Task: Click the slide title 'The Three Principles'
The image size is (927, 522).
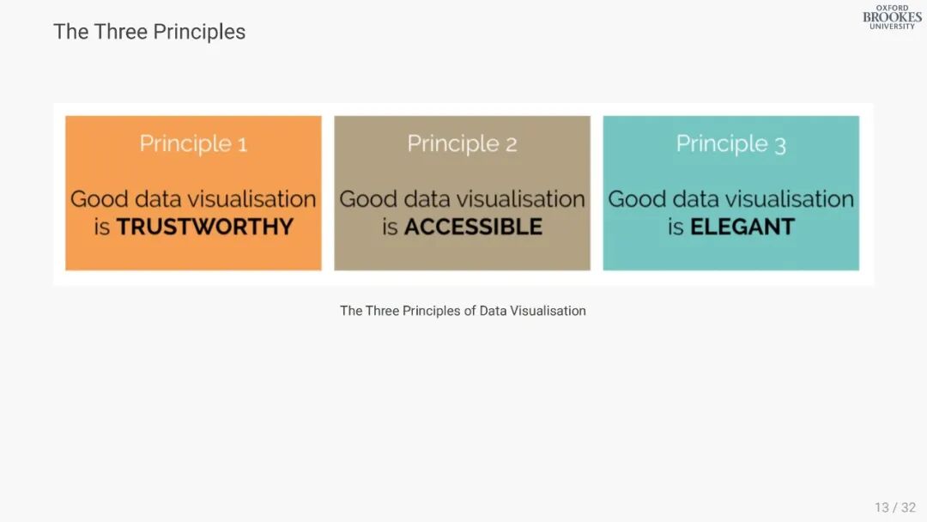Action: [x=149, y=32]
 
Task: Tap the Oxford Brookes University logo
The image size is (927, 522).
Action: [x=892, y=17]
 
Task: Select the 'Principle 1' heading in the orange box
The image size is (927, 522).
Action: [x=193, y=143]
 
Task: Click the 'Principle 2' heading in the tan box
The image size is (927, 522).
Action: [x=462, y=143]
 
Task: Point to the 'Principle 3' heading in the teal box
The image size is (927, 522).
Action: [x=730, y=143]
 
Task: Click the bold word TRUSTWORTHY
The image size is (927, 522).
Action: [x=204, y=227]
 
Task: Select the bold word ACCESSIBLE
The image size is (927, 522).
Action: [x=473, y=227]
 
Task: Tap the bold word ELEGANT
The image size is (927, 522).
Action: [x=742, y=227]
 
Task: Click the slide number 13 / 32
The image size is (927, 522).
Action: [x=895, y=507]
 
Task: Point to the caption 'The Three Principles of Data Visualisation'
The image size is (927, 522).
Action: [x=463, y=311]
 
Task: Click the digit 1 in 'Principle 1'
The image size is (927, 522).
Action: [x=242, y=145]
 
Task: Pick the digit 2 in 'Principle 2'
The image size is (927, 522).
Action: [x=511, y=145]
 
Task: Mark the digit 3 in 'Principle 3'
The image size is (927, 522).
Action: [x=779, y=145]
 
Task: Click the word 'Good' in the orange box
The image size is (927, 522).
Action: [x=100, y=199]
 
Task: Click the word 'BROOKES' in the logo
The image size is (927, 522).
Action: [x=892, y=17]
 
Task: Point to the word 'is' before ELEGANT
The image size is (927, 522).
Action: [x=676, y=227]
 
